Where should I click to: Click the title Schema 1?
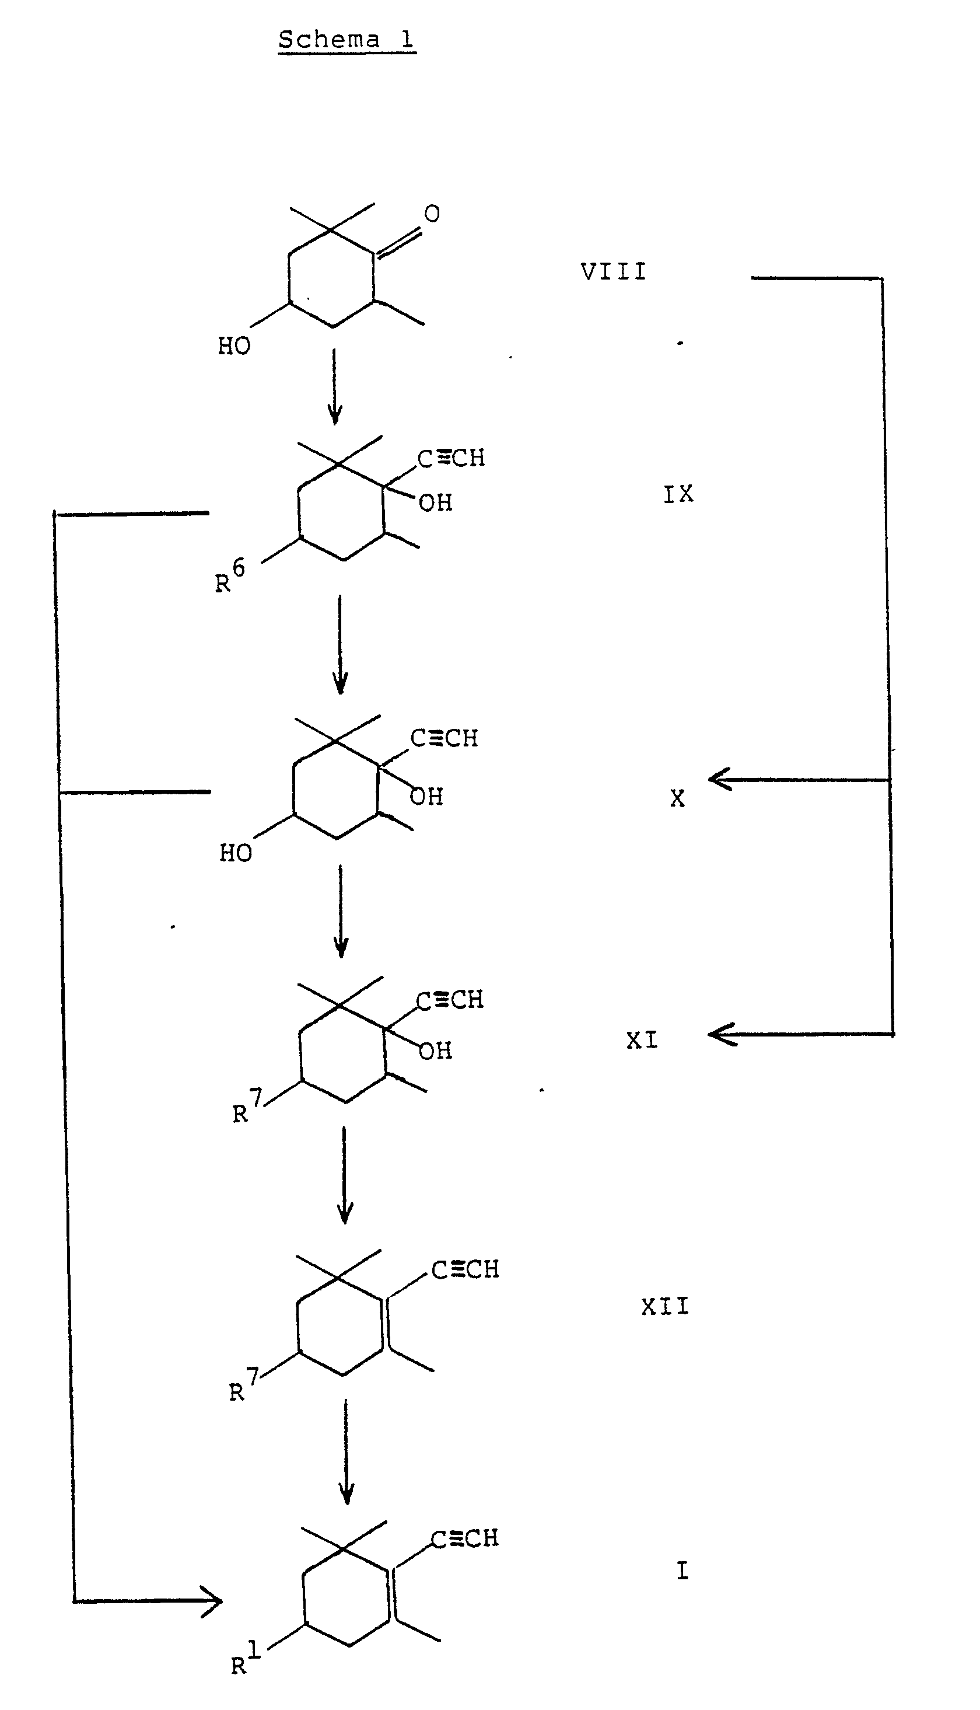[x=346, y=40]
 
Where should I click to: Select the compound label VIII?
[x=613, y=272]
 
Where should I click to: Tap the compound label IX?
[x=678, y=495]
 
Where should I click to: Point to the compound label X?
[x=677, y=798]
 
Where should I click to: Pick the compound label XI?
[x=642, y=1041]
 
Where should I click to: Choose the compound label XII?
[x=665, y=1307]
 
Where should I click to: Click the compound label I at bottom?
[x=682, y=1571]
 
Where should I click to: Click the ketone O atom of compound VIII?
[x=432, y=214]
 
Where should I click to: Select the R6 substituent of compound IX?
[x=229, y=577]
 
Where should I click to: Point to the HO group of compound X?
[x=236, y=853]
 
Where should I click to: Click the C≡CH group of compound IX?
[x=451, y=458]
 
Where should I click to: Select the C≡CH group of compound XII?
[x=465, y=1270]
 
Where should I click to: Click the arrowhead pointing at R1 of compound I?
[x=215, y=1600]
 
